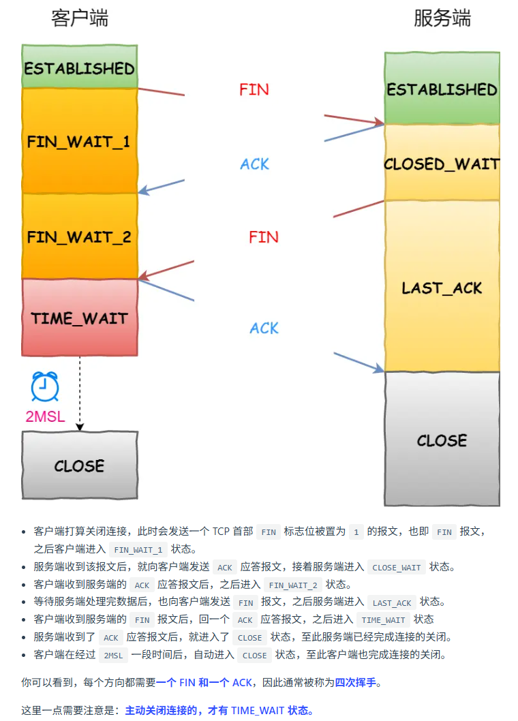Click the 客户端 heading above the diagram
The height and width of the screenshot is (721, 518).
click(x=80, y=18)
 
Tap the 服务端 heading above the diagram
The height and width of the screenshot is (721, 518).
click(x=442, y=18)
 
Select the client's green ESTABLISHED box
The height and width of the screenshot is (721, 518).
click(x=80, y=67)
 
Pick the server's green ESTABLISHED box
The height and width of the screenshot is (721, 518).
click(x=442, y=89)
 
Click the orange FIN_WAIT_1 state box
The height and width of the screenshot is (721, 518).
click(x=80, y=141)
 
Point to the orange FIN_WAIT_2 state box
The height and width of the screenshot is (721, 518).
click(x=80, y=236)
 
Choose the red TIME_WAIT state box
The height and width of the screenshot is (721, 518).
click(x=80, y=318)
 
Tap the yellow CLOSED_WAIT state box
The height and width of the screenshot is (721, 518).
click(x=442, y=164)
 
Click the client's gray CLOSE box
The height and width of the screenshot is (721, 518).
click(x=80, y=465)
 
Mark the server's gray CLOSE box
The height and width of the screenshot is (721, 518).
click(x=442, y=440)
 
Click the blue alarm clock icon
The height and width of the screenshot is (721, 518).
click(x=45, y=386)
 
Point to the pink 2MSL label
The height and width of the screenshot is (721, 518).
click(x=45, y=417)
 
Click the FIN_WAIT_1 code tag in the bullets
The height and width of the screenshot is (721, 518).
click(x=138, y=550)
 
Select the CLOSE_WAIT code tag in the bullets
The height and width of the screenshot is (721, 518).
click(x=397, y=567)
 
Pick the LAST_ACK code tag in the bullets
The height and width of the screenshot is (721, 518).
click(x=392, y=602)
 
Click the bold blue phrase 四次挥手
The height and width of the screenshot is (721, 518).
click(x=355, y=682)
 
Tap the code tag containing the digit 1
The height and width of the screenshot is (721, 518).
click(x=356, y=532)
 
